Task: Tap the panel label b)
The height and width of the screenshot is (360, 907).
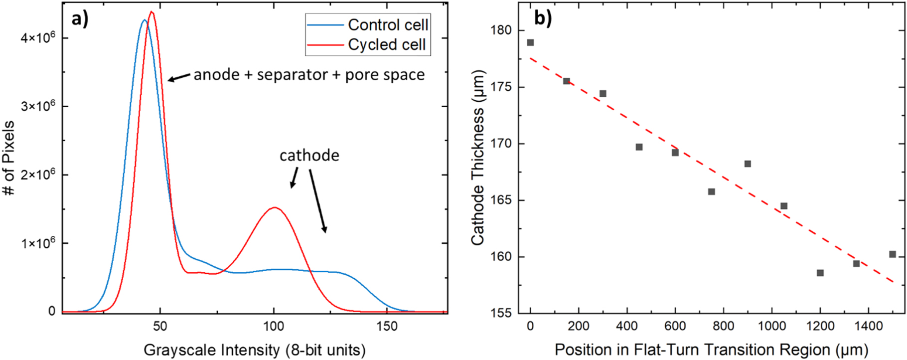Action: (543, 18)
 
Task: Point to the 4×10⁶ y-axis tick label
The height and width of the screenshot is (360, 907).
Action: (38, 38)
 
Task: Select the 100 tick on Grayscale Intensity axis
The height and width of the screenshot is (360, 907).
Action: (273, 327)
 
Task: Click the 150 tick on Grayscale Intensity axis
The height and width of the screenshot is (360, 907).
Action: (387, 327)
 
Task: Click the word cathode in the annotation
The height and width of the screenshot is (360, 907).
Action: (309, 156)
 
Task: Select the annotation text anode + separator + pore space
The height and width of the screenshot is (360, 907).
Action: (309, 75)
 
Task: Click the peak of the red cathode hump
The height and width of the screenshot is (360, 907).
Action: (275, 207)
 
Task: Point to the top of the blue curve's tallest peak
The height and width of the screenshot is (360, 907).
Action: (144, 20)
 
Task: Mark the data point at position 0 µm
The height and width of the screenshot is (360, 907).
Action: (530, 42)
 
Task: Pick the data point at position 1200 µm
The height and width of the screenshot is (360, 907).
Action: (820, 273)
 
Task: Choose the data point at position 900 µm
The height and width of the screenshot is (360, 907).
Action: (748, 164)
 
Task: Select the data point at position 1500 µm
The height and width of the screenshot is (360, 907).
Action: (893, 254)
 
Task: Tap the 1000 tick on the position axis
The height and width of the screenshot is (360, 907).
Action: (771, 327)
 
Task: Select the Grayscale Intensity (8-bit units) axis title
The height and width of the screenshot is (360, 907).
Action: (254, 350)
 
